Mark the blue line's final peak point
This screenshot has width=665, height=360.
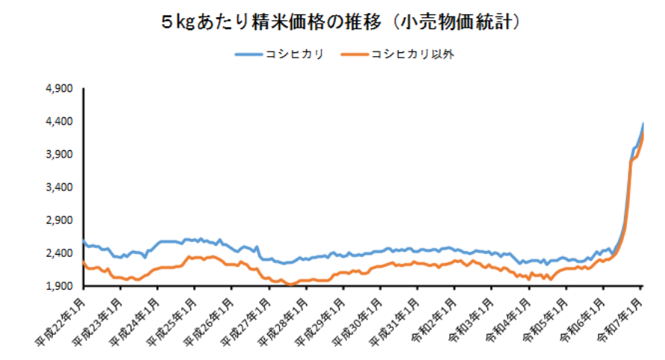click(x=643, y=124)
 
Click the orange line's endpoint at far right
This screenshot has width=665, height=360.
click(x=643, y=134)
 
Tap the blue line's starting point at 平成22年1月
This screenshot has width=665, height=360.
click(x=84, y=241)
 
